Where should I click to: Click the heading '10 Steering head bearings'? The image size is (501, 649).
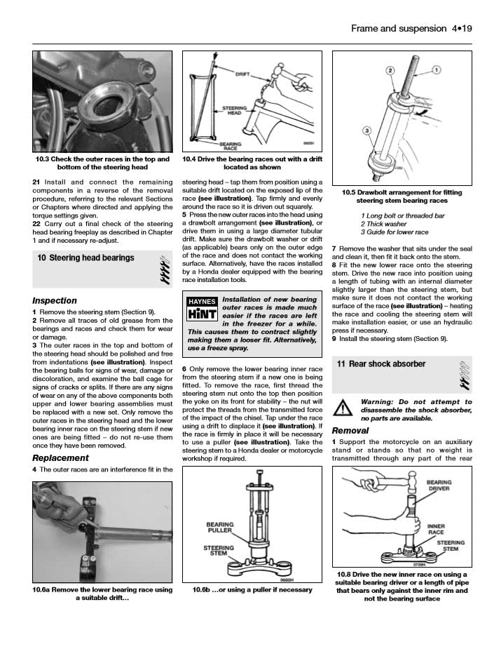point(85,257)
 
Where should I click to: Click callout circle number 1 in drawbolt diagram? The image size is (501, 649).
point(436,70)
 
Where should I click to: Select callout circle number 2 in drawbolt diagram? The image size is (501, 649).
point(392,71)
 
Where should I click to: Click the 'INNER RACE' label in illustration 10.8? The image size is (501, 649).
point(436,528)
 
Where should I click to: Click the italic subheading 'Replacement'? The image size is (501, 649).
point(60,457)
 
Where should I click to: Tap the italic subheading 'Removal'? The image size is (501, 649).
point(350,430)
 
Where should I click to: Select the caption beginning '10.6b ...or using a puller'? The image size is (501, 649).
point(252,590)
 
